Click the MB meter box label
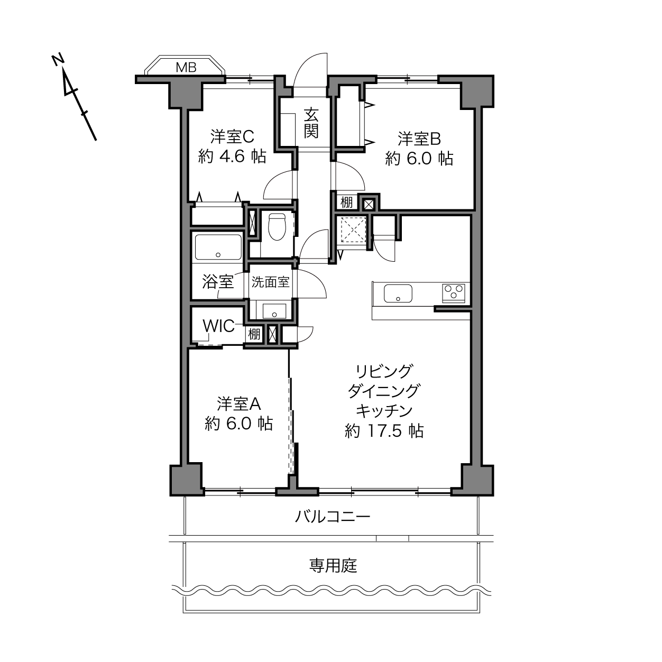click(x=186, y=67)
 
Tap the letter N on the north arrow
click(x=58, y=59)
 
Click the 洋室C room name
click(x=232, y=137)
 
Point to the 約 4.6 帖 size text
click(x=232, y=157)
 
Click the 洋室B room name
click(x=419, y=139)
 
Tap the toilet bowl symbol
click(x=277, y=226)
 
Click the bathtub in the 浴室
click(x=218, y=246)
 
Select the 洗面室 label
click(x=270, y=282)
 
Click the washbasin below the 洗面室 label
click(x=274, y=311)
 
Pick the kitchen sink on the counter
click(x=398, y=293)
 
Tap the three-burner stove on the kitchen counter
click(x=454, y=293)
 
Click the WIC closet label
click(x=218, y=326)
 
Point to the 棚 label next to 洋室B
click(x=346, y=203)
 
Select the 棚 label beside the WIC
click(x=254, y=334)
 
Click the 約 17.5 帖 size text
click(x=384, y=431)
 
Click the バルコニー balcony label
click(x=333, y=517)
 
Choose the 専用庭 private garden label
click(x=333, y=566)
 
